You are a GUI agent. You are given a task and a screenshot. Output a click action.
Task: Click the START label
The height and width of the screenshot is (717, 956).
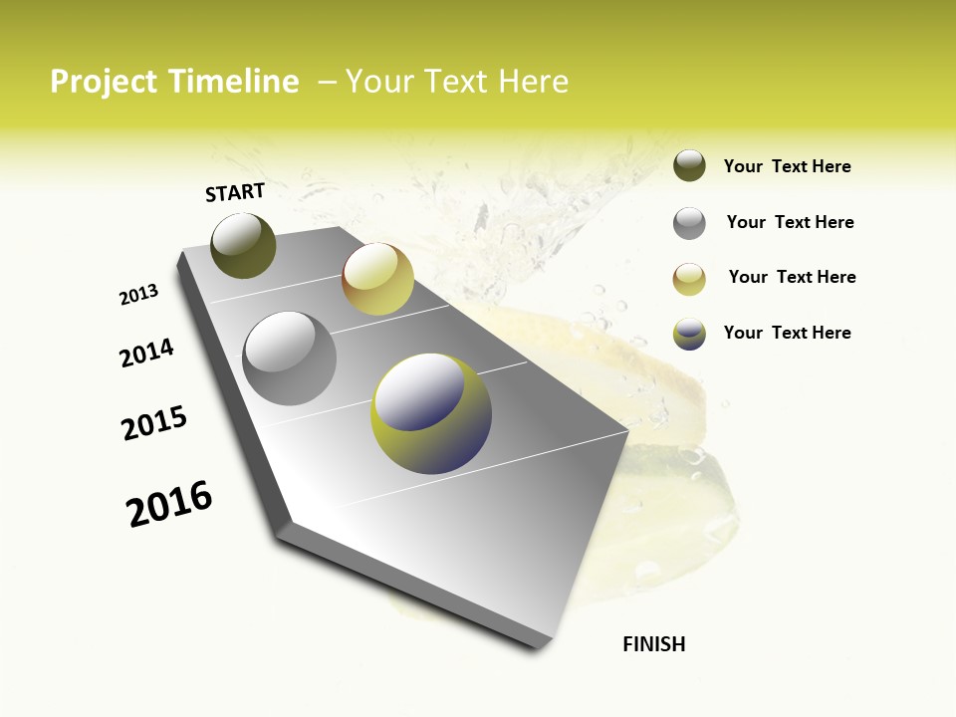tap(235, 192)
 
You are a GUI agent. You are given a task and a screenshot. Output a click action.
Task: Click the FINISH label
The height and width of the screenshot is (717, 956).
tap(653, 644)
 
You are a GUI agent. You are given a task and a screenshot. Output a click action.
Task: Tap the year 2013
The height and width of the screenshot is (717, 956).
tap(138, 295)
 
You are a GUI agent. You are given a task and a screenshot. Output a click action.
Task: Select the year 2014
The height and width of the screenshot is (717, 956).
tap(146, 353)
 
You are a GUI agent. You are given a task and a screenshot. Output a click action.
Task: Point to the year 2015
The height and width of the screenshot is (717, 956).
tap(154, 423)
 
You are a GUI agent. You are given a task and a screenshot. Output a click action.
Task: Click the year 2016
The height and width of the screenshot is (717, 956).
tap(169, 504)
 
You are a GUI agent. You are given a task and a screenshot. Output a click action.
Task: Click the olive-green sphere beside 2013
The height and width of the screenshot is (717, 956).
tap(244, 246)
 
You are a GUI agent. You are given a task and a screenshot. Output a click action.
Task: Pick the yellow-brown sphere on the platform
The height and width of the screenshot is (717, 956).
tap(377, 279)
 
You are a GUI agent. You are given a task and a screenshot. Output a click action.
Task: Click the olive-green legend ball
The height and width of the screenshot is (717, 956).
tap(689, 166)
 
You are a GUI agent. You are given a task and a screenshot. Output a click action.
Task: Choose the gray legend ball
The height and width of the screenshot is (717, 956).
tap(689, 223)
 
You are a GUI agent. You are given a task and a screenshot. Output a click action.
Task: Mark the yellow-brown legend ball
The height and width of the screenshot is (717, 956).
tap(689, 279)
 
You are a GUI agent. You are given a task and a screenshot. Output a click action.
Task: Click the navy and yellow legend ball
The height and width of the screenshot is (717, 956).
tap(689, 334)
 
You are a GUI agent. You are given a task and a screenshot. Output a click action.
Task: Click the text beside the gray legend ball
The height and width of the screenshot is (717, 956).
tap(790, 222)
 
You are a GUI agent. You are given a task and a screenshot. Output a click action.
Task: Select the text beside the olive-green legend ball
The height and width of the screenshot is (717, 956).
tap(787, 166)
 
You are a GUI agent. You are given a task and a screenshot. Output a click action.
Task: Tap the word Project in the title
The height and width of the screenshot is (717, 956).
tap(104, 82)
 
